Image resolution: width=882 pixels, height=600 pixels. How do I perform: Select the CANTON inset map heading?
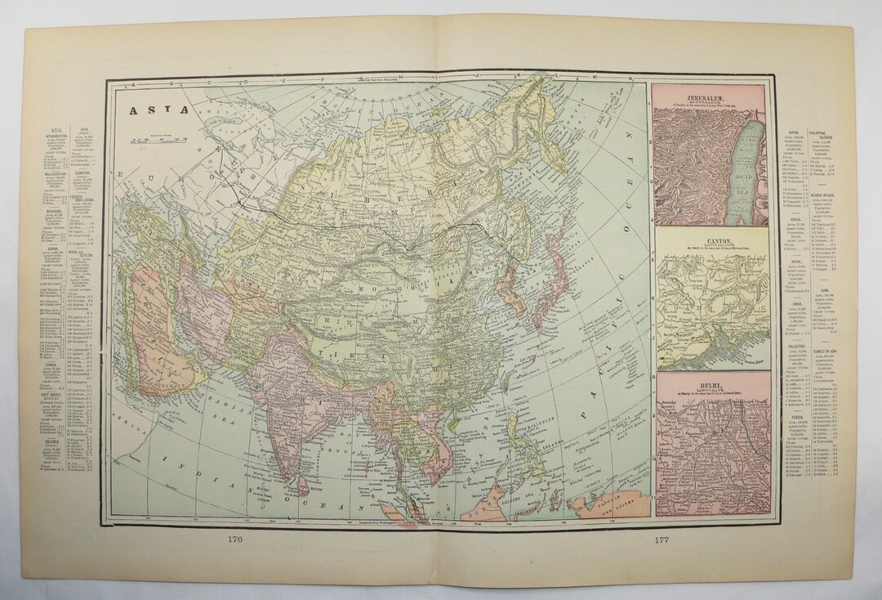[712, 241]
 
